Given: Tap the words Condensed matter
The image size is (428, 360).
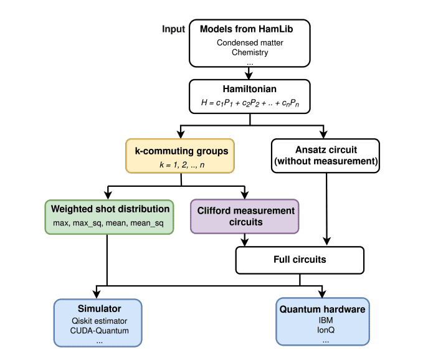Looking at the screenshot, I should coord(249,42).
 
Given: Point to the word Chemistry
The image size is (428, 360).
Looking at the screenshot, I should coord(250,52).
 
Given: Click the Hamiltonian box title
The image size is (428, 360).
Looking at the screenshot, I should coord(249,89).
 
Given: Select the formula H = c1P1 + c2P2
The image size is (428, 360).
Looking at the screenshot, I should coord(249,102).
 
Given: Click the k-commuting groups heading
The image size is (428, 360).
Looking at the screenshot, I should coord(180,150).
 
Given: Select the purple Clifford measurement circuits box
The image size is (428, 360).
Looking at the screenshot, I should coord(244,216).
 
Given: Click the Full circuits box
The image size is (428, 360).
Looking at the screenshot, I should coord(299,259).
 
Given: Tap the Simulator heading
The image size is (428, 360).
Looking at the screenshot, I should coord(98,309).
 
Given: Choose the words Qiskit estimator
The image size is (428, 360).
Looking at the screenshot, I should coord(98,321).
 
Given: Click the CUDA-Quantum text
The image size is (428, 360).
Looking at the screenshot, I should coord(98,330).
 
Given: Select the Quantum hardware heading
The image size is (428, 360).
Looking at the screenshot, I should coord(323,309).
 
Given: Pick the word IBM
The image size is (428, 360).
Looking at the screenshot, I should coord(323,321).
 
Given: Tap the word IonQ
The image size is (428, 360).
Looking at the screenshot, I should coord(323,330).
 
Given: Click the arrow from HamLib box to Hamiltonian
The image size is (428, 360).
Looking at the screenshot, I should coord(249,72).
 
